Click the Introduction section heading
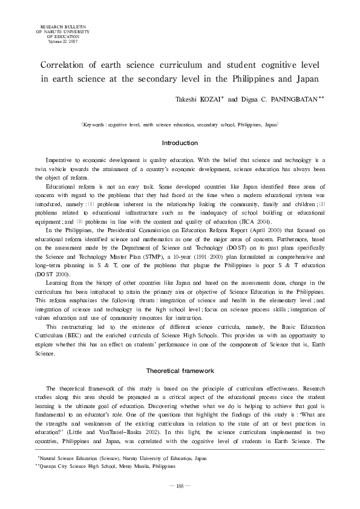pyautogui.click(x=180, y=143)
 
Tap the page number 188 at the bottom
pyautogui.click(x=180, y=485)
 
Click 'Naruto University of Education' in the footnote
pyautogui.click(x=154, y=459)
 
